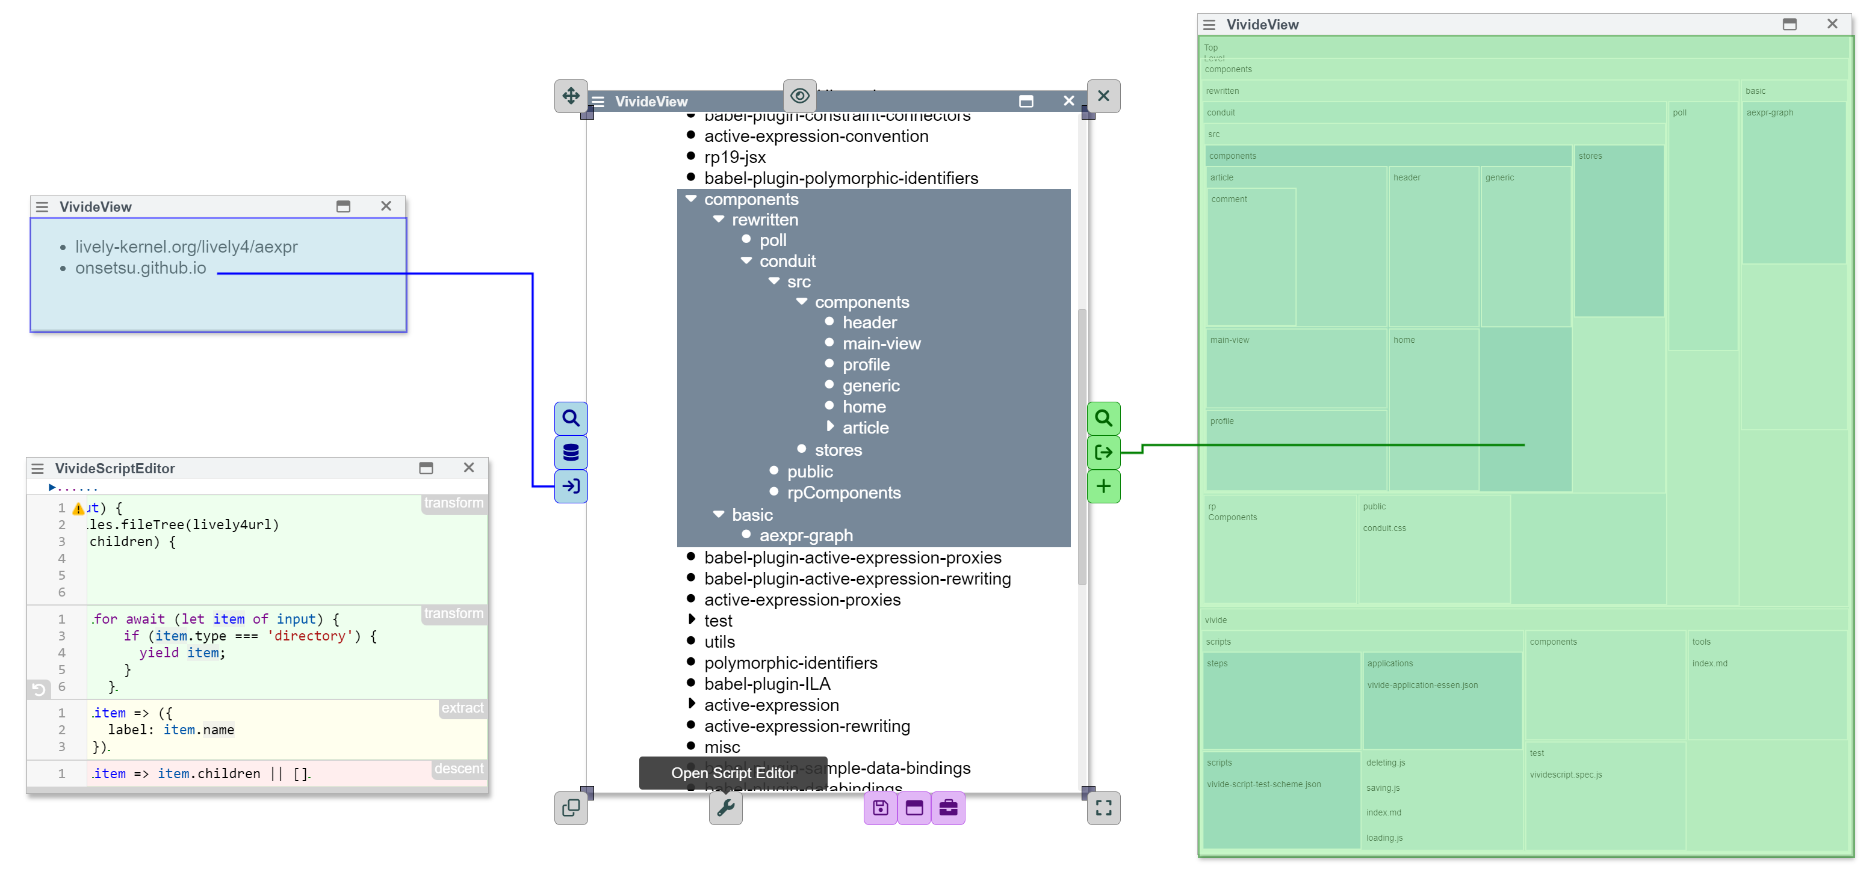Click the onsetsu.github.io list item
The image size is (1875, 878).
[x=140, y=268]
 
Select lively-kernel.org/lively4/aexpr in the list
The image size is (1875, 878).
[x=187, y=247]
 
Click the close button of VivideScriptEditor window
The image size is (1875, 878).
[x=469, y=468]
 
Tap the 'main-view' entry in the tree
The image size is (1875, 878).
[x=881, y=343]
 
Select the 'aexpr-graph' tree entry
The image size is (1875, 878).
[x=806, y=535]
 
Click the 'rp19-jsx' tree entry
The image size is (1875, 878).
[x=734, y=157]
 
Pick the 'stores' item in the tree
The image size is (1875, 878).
[x=838, y=450]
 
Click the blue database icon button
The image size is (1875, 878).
[x=571, y=452]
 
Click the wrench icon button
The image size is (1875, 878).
[x=726, y=808]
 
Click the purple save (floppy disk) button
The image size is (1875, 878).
[x=881, y=808]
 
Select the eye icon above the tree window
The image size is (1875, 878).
[x=799, y=96]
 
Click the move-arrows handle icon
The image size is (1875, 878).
[x=571, y=96]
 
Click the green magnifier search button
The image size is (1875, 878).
[x=1103, y=419]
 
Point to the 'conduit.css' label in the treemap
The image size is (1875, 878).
[x=1384, y=528]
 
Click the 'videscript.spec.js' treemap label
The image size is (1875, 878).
[x=1566, y=775]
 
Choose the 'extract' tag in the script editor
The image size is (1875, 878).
[x=462, y=708]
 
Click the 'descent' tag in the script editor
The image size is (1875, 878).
[x=459, y=769]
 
